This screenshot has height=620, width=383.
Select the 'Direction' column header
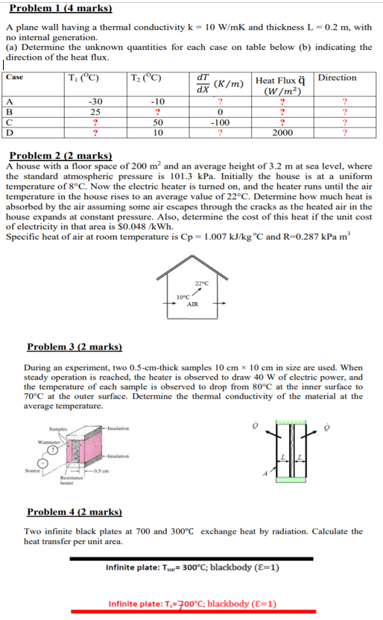pos(337,78)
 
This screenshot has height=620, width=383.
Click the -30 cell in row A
pos(95,101)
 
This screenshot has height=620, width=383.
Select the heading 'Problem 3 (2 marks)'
pos(74,347)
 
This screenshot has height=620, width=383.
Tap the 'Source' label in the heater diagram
pos(31,470)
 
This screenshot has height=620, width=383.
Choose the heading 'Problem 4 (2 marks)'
pos(74,513)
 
